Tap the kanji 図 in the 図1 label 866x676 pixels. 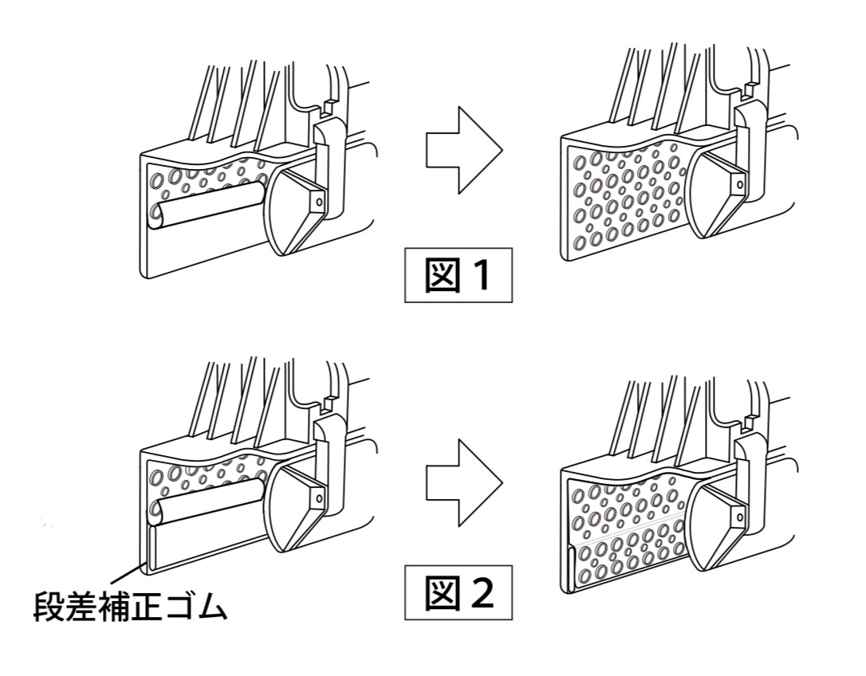click(x=442, y=275)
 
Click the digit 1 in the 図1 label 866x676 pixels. click(x=481, y=275)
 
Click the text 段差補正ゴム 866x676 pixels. click(x=130, y=607)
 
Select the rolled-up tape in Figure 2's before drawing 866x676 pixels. click(x=207, y=502)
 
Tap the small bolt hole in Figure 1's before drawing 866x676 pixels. click(x=319, y=202)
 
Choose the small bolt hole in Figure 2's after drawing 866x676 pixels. click(x=739, y=517)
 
